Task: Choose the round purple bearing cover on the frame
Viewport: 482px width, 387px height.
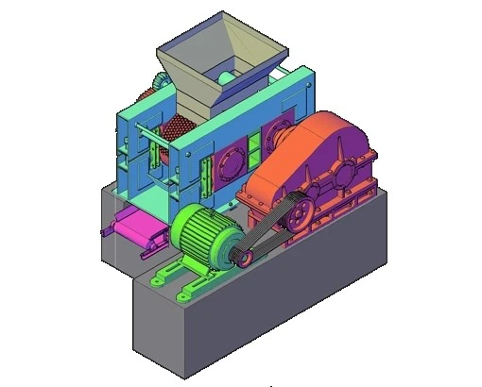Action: tap(230, 163)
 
